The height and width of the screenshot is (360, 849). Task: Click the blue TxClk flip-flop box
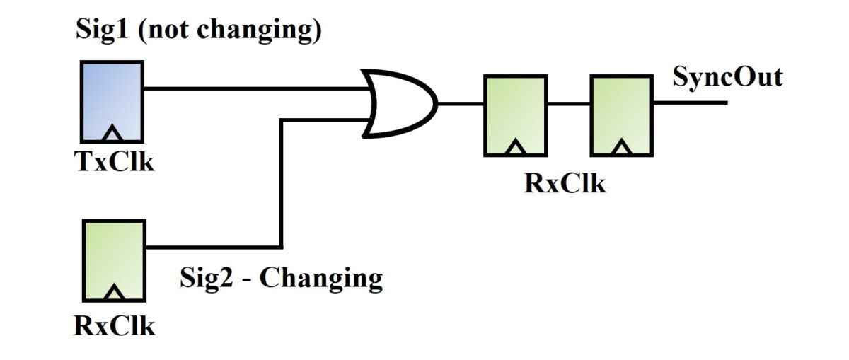click(x=112, y=100)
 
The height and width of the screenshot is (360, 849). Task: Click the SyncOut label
click(x=727, y=76)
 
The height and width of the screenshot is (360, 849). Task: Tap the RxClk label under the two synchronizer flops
click(x=565, y=183)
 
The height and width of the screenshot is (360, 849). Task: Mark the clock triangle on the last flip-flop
click(x=622, y=147)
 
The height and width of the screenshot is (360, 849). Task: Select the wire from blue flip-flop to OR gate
click(x=255, y=88)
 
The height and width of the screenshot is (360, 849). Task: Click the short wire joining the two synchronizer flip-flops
click(x=568, y=103)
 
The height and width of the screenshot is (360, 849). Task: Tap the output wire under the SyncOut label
click(x=690, y=103)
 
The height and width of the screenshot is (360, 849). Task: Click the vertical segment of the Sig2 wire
click(x=282, y=184)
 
